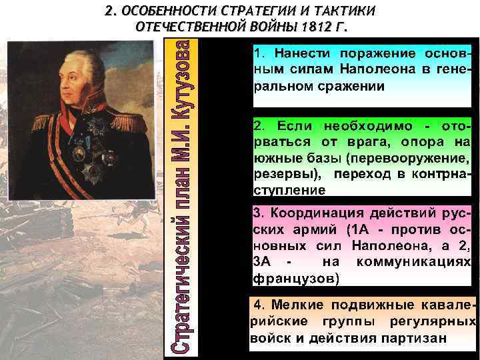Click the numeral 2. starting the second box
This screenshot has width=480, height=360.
259,125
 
